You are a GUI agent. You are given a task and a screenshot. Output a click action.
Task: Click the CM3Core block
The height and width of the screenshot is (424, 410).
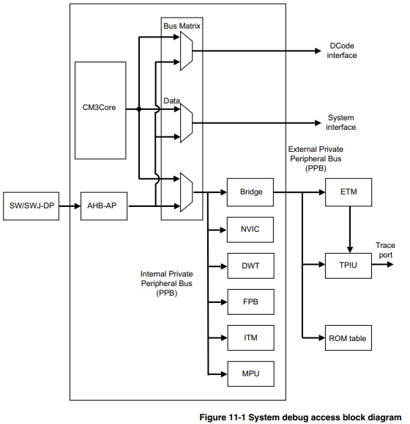(101, 109)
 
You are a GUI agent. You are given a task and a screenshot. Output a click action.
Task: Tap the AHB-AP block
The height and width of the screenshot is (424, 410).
(101, 206)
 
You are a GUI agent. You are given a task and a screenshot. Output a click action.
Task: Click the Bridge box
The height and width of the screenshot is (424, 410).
(251, 193)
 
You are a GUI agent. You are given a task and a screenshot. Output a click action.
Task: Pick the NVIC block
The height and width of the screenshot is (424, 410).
(251, 230)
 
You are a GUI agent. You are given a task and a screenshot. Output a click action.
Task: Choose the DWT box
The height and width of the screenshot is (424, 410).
(251, 265)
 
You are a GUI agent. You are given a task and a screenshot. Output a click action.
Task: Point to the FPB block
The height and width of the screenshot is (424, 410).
(251, 301)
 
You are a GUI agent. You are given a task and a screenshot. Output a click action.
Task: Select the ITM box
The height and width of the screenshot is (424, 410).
(251, 337)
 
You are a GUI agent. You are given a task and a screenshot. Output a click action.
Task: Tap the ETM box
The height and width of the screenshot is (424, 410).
(348, 193)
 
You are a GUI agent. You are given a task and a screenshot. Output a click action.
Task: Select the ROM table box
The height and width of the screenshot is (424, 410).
(348, 338)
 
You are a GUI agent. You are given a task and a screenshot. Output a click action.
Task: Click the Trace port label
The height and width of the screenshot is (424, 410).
(385, 250)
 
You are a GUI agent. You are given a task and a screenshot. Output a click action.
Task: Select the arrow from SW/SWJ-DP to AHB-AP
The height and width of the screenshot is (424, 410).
(70, 206)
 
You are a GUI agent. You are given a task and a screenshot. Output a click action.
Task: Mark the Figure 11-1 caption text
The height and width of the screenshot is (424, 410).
(300, 417)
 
